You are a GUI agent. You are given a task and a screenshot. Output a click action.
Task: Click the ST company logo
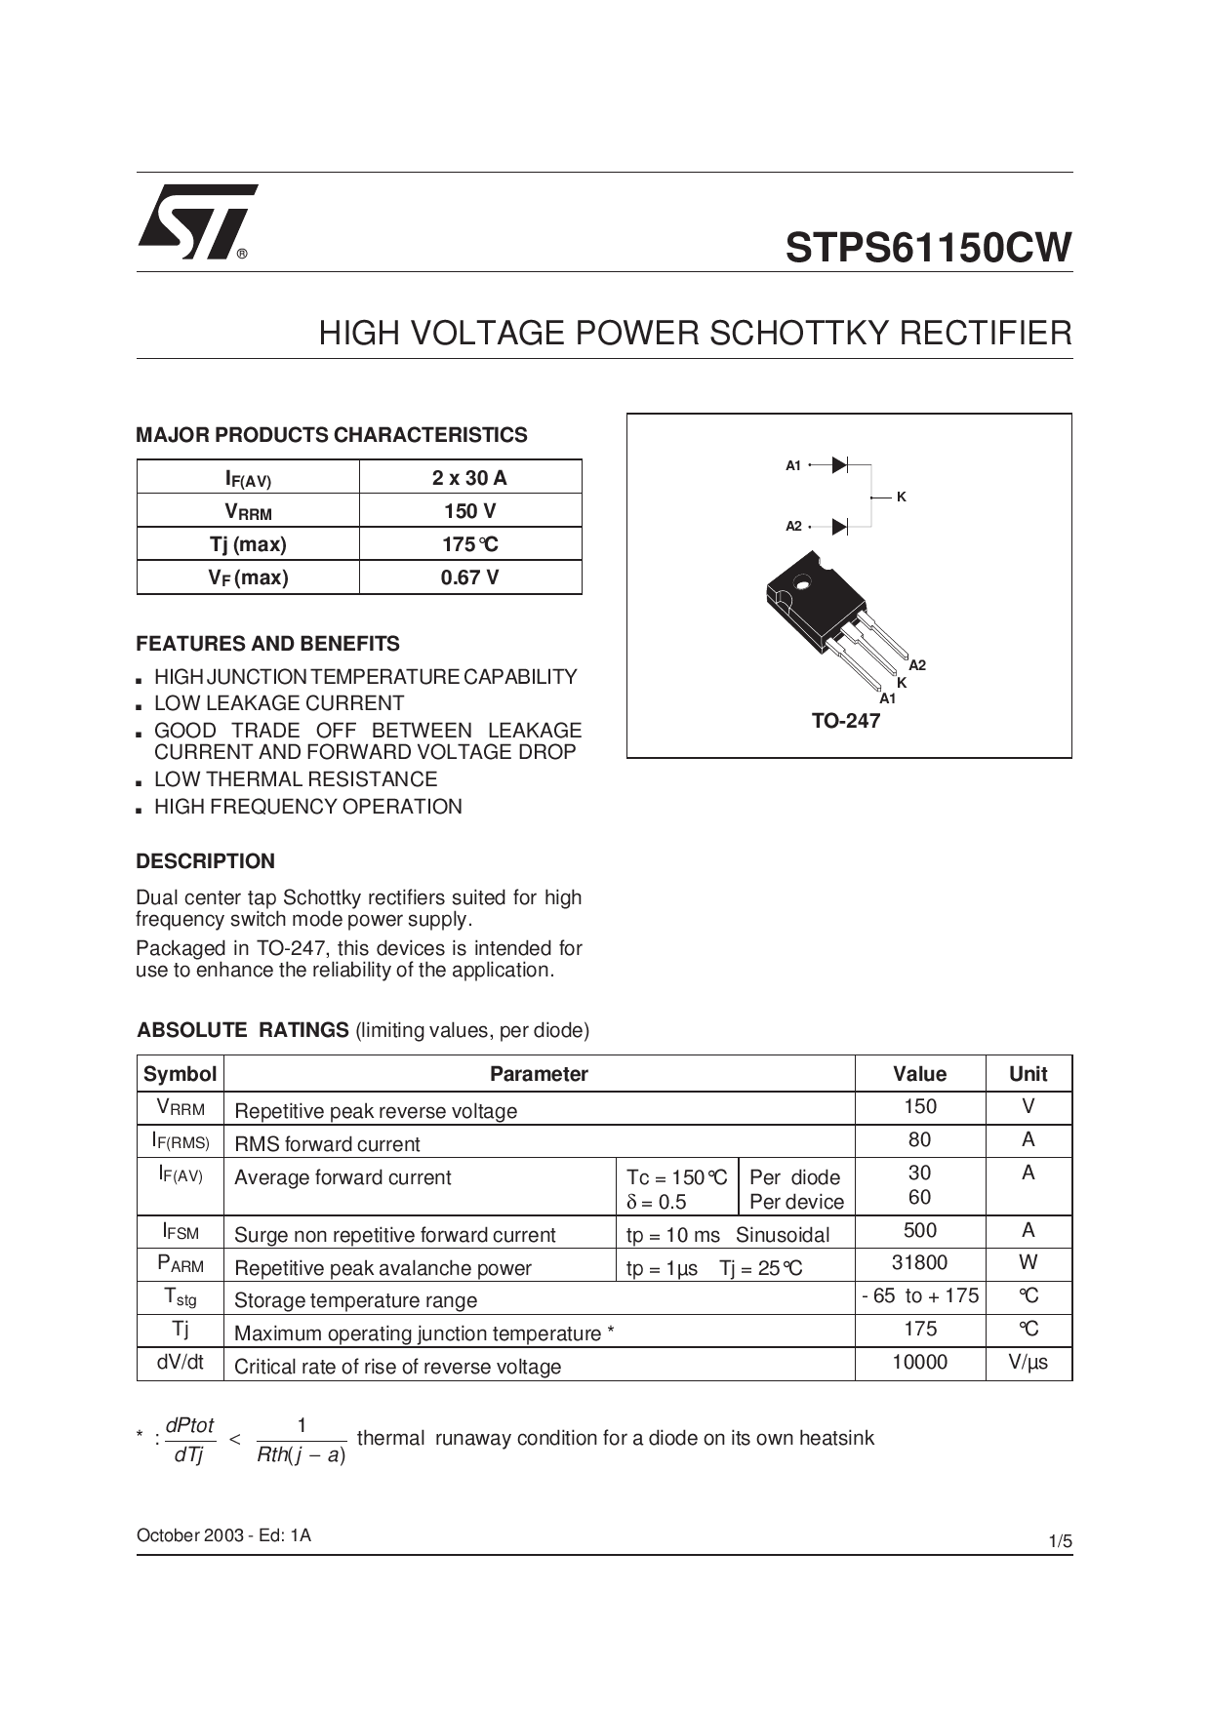(196, 221)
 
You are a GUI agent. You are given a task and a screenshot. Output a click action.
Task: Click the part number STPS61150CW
(928, 248)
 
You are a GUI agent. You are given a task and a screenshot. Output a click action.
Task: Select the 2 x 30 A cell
(469, 478)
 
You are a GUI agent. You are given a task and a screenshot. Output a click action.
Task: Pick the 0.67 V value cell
(469, 577)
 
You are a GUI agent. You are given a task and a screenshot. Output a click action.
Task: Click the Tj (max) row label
(248, 544)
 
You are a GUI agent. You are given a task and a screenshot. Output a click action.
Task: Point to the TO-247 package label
(845, 721)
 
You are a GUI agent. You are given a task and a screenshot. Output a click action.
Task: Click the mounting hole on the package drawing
(803, 584)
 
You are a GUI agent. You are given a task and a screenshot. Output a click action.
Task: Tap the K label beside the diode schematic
(902, 497)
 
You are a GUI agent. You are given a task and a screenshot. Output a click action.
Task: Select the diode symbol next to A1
(839, 465)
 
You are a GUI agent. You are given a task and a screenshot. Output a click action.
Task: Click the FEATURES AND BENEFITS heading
(267, 644)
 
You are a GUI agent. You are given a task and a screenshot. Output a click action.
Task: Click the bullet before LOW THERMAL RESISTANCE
(141, 781)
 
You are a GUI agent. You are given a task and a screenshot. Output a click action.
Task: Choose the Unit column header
(1028, 1074)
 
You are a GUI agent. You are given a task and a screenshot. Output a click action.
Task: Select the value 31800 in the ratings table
(919, 1263)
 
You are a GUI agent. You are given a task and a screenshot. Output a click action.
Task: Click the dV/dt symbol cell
(181, 1363)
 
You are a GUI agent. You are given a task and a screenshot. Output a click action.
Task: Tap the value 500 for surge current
(919, 1231)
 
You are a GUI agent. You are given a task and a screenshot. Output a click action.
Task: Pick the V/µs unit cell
(1028, 1363)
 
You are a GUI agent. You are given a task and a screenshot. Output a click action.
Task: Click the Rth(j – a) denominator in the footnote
(301, 1455)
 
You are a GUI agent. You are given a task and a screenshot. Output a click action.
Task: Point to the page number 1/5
(1060, 1542)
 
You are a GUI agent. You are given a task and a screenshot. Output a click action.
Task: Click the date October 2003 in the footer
(189, 1535)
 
